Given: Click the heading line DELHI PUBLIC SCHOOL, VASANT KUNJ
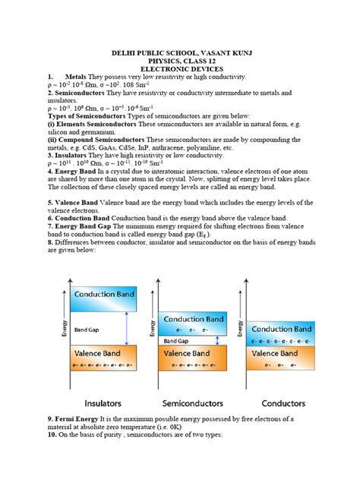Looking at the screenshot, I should (180, 54).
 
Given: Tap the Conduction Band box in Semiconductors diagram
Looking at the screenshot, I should (192, 324).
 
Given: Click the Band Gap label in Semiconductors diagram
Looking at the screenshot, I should (177, 341).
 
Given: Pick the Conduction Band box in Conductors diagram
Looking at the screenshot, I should (282, 333).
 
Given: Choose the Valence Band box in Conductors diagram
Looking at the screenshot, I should (282, 357).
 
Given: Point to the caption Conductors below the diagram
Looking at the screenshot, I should (283, 403).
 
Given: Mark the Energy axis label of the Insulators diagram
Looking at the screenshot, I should (65, 328).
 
